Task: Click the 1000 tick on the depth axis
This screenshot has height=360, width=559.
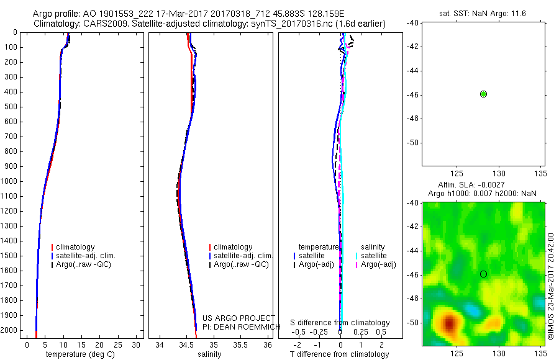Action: tap(12, 181)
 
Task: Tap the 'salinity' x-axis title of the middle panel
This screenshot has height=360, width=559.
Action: tap(209, 354)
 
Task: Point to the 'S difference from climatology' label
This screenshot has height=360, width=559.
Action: tap(340, 323)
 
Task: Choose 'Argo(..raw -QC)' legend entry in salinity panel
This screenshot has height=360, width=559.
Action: tap(241, 264)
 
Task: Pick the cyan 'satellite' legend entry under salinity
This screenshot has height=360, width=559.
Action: tap(374, 256)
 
